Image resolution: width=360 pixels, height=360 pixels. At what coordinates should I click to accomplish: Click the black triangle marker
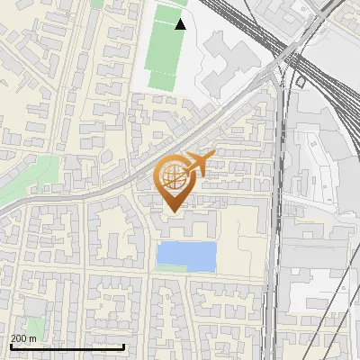[x=181, y=24]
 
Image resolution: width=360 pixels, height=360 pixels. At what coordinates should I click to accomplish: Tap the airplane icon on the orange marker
[x=198, y=165]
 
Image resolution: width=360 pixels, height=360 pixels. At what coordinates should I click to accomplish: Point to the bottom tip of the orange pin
[x=175, y=212]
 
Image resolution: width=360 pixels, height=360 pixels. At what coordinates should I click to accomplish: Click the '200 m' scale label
[x=23, y=338]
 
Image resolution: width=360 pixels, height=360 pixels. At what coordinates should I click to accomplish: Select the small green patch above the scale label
[x=35, y=326]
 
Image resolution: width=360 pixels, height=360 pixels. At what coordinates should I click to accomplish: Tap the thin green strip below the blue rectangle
[x=171, y=269]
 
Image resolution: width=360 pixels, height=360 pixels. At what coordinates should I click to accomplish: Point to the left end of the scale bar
[x=10, y=346]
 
